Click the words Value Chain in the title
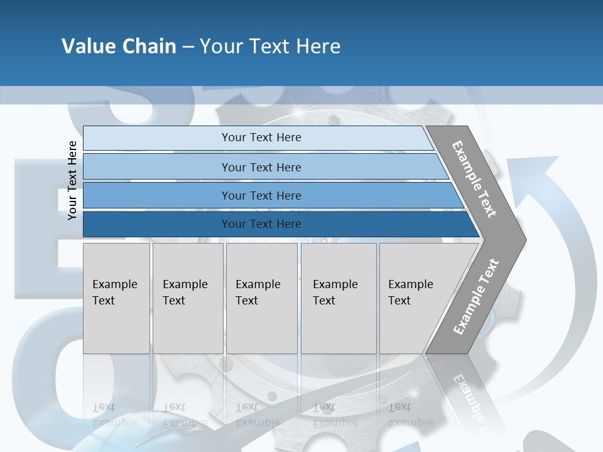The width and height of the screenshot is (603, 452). click(x=119, y=46)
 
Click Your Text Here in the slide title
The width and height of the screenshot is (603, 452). click(x=270, y=46)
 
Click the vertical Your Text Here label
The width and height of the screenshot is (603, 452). click(x=72, y=181)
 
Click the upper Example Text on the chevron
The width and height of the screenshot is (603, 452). click(x=474, y=179)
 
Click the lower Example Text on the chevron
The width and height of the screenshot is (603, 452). click(x=476, y=296)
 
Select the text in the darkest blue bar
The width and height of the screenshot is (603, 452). click(x=261, y=224)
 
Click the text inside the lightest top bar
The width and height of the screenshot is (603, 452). click(x=261, y=137)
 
